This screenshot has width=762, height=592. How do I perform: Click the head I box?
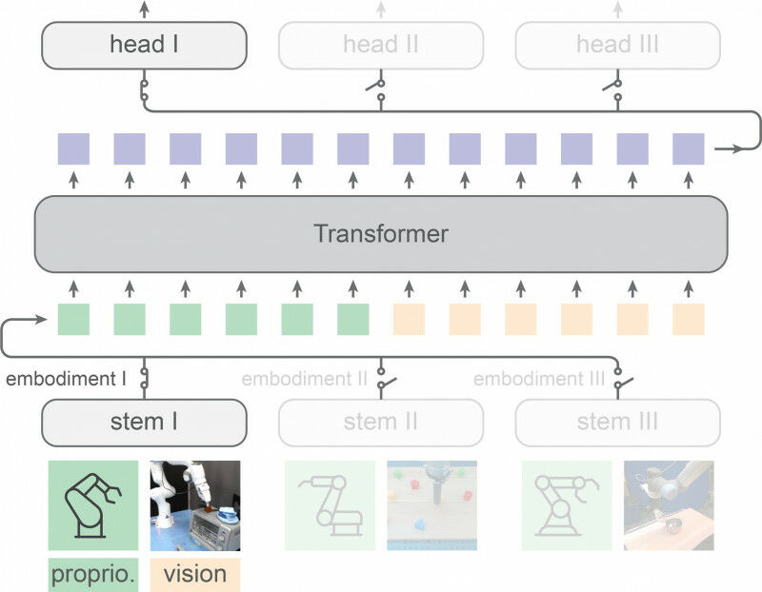[x=144, y=45]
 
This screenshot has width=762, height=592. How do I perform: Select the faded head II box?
[x=381, y=45]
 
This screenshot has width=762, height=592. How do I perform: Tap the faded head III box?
[x=617, y=45]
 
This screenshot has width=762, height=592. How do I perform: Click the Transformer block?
[x=381, y=233]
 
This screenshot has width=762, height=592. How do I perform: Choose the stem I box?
[x=144, y=422]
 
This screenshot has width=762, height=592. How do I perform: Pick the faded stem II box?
[x=381, y=422]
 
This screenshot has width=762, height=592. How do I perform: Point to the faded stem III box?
[x=617, y=422]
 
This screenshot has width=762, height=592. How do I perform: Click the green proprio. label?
[x=92, y=575]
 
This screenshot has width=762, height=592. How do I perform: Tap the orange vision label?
[x=195, y=575]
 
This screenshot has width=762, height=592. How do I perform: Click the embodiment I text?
[x=66, y=379]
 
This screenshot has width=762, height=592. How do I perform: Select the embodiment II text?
[x=305, y=379]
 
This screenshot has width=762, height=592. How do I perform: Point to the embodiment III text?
[x=539, y=379]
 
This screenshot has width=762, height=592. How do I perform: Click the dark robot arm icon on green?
[x=92, y=505]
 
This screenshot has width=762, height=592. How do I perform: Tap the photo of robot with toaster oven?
[x=195, y=505]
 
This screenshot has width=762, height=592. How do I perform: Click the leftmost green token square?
[x=73, y=320]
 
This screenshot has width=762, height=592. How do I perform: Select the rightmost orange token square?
[x=689, y=320]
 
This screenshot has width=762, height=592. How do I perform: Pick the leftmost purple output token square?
[x=73, y=149]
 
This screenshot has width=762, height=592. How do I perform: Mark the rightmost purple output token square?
[x=689, y=149]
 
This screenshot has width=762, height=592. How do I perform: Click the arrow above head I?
[x=144, y=10]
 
